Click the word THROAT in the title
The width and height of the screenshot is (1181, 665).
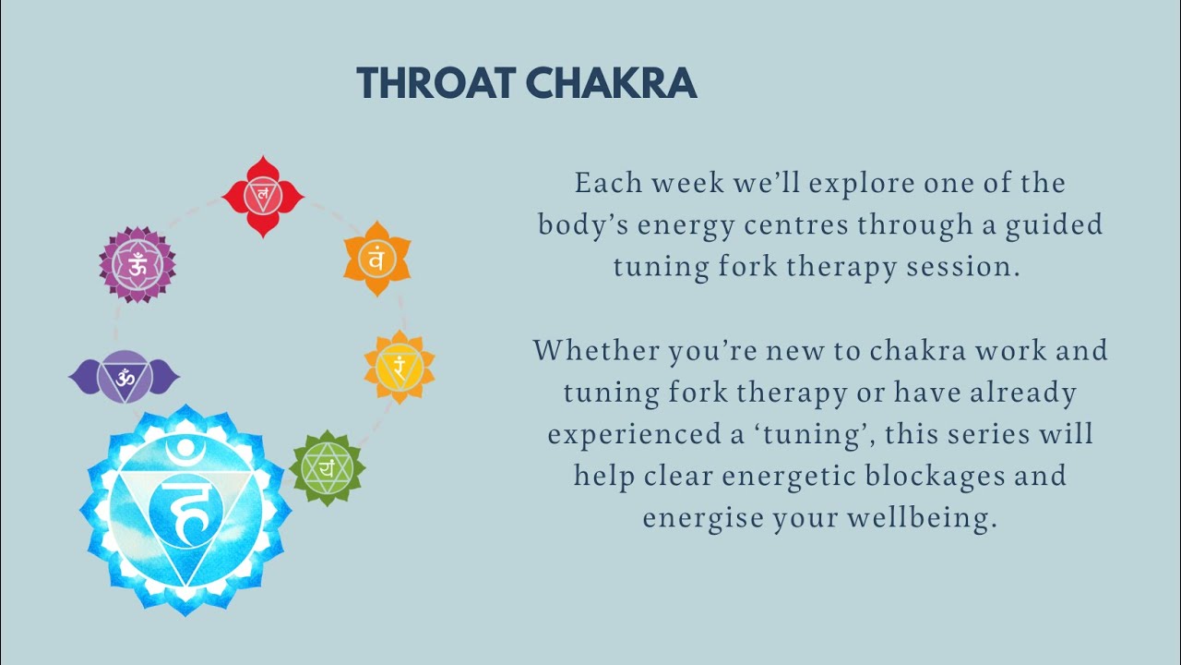point(436,83)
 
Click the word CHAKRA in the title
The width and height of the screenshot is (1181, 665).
point(611,83)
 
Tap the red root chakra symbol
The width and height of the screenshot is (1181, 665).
point(263,196)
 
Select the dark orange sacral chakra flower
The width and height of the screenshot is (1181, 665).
point(376,259)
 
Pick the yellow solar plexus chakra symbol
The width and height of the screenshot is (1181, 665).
point(399,367)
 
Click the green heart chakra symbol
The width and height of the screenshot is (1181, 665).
point(328,468)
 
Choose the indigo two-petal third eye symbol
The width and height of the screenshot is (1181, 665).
point(125,376)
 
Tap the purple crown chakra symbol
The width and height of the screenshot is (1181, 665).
point(137,265)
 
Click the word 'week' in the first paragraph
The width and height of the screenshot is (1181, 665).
point(688,183)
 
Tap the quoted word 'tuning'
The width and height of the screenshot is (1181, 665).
point(821,434)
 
